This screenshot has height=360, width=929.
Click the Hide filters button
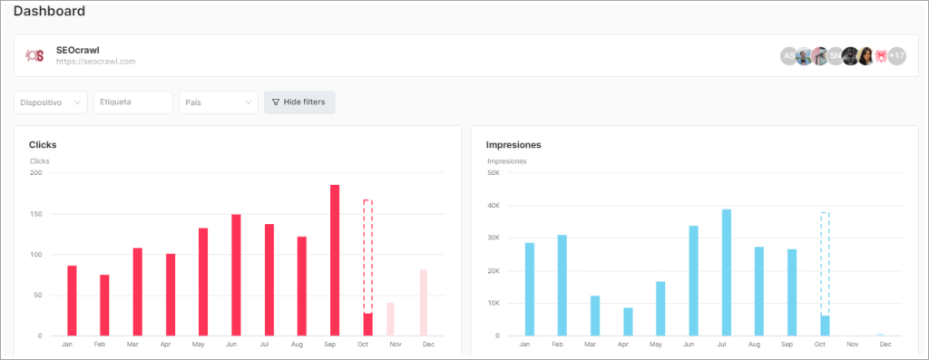click(299, 102)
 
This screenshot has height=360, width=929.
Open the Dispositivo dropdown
click(51, 102)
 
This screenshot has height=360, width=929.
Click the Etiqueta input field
click(132, 102)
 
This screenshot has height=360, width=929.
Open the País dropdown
click(218, 102)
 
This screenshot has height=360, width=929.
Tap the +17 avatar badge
click(896, 56)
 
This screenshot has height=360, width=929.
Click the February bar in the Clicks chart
click(104, 305)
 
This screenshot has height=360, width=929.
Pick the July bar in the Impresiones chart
click(727, 272)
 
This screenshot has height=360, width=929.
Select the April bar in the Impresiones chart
click(628, 321)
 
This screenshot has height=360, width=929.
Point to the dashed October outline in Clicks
click(367, 254)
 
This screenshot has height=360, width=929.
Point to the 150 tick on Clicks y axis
click(36, 214)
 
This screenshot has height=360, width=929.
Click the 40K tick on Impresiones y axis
click(493, 206)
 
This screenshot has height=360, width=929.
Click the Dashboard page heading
click(49, 12)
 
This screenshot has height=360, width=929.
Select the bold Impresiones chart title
click(513, 145)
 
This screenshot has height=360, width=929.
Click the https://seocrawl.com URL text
click(95, 62)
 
